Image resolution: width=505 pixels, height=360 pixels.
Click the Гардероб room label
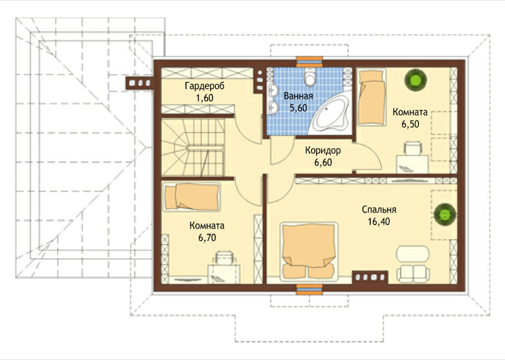[x=205, y=86]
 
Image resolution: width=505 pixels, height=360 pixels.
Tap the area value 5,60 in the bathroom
[x=298, y=108]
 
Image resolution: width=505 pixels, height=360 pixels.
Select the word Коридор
[x=323, y=150]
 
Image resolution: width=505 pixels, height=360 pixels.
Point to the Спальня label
[x=379, y=210]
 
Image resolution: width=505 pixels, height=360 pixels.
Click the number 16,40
[x=379, y=221]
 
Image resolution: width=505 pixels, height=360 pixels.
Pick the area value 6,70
[x=207, y=238]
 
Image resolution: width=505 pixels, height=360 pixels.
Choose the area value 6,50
[x=410, y=124]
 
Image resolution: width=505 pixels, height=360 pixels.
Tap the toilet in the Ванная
[x=310, y=77]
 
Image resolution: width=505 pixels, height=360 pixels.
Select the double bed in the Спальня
[x=309, y=251]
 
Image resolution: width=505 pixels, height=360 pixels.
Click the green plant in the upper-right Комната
[x=415, y=78]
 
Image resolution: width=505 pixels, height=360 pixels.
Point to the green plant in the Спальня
[x=445, y=214]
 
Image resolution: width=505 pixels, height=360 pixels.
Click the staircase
[x=192, y=147]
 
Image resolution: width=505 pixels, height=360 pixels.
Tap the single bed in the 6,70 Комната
[x=191, y=197]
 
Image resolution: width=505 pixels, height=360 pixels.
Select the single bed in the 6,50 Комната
[x=372, y=97]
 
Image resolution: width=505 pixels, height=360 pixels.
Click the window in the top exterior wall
[x=309, y=62]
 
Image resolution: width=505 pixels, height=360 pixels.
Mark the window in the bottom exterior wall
[x=309, y=289]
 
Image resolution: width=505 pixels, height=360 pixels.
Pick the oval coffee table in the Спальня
[x=413, y=254]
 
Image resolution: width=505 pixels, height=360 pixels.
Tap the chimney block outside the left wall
[x=139, y=83]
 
